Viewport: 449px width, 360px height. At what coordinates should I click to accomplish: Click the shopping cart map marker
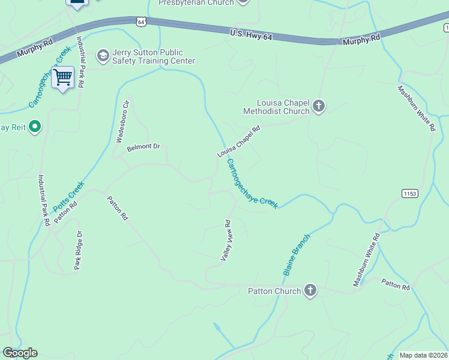pyautogui.click(x=62, y=77)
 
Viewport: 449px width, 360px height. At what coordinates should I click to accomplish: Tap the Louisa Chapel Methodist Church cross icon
pyautogui.click(x=318, y=107)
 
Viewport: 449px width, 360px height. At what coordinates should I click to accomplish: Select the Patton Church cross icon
pyautogui.click(x=310, y=291)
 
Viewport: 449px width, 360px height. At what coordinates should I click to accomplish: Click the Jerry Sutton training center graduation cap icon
pyautogui.click(x=103, y=56)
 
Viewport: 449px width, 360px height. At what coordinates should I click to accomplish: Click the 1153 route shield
pyautogui.click(x=410, y=193)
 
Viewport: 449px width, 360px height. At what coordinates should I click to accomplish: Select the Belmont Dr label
pyautogui.click(x=144, y=147)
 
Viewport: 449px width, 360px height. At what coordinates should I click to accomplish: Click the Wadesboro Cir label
pyautogui.click(x=122, y=121)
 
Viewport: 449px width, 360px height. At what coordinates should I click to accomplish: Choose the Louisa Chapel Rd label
pyautogui.click(x=238, y=142)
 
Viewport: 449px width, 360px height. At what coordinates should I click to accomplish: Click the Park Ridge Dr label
pyautogui.click(x=78, y=250)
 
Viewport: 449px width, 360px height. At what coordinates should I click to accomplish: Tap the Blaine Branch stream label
pyautogui.click(x=297, y=254)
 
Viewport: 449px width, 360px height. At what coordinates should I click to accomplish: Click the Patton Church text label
pyautogui.click(x=274, y=291)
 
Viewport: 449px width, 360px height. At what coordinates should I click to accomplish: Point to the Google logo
pyautogui.click(x=20, y=353)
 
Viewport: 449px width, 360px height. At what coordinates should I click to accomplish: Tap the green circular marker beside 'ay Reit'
pyautogui.click(x=34, y=127)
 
